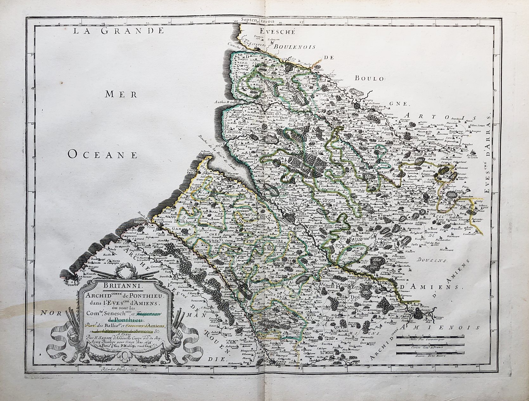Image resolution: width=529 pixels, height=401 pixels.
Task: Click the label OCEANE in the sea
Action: click(x=103, y=154)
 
